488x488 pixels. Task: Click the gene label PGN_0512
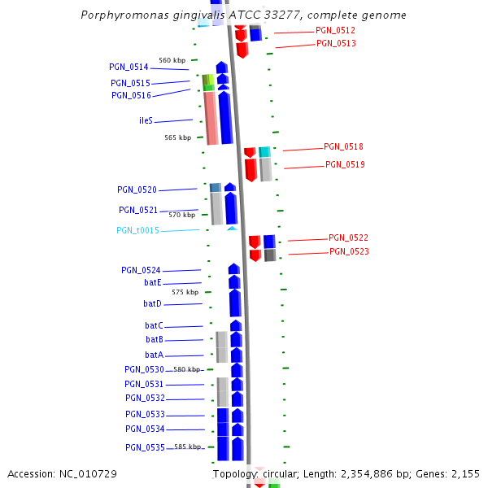click(x=335, y=31)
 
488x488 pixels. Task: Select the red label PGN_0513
click(x=336, y=44)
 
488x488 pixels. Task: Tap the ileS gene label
click(x=146, y=120)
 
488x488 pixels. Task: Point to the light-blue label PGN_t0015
click(x=137, y=231)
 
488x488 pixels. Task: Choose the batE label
click(x=153, y=282)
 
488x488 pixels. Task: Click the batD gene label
click(x=152, y=303)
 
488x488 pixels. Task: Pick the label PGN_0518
click(x=343, y=147)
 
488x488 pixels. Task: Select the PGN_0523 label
click(x=349, y=252)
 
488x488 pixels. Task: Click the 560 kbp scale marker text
click(x=172, y=60)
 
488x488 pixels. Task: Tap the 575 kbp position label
click(x=185, y=292)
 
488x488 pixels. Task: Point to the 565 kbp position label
click(x=177, y=137)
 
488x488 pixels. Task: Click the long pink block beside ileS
click(x=210, y=118)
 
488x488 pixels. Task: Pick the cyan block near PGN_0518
click(x=264, y=152)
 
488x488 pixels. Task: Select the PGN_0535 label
click(x=145, y=448)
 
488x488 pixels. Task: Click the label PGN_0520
click(x=137, y=190)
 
